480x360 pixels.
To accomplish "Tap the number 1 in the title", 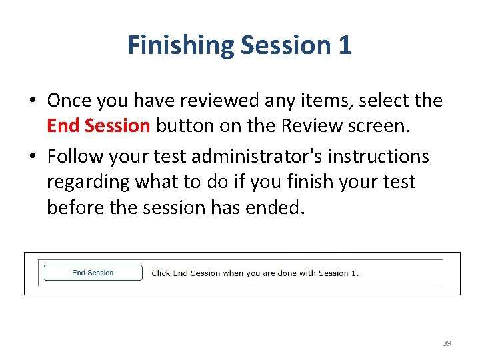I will click(345, 46).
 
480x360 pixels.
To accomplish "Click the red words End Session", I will click(99, 126).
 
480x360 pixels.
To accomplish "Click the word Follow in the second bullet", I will click(75, 157).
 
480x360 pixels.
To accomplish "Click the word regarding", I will click(89, 182).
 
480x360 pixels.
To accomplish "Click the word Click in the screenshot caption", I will click(161, 273).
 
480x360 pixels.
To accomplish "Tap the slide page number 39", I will click(447, 343).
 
